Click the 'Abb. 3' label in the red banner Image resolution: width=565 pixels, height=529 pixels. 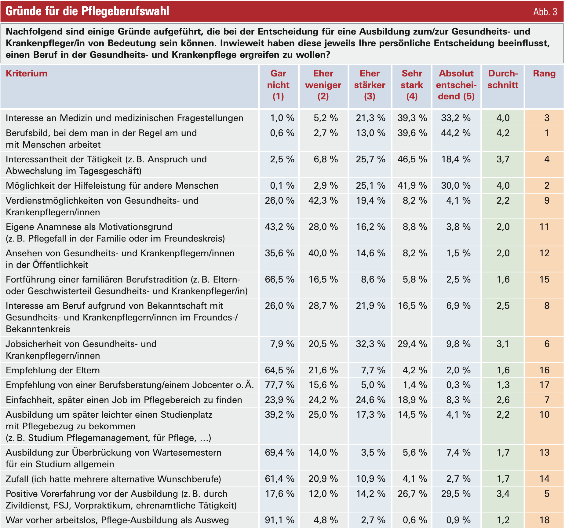(545, 12)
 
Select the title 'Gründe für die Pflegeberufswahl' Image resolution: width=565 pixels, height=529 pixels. (87, 11)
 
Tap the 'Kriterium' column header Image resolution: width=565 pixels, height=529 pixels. (27, 73)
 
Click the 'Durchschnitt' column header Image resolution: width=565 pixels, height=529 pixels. (503, 79)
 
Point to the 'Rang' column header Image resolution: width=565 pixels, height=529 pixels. (544, 73)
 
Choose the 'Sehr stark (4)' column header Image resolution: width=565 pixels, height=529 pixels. (412, 85)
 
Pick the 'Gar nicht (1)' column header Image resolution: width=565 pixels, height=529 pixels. (278, 85)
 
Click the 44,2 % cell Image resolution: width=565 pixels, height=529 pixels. (456, 133)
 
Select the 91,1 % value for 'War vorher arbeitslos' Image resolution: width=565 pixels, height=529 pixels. (279, 520)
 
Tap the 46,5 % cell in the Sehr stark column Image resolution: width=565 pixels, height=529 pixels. (412, 159)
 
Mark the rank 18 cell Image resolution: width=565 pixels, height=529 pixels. (544, 520)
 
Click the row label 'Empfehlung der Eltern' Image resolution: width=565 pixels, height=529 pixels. (53, 370)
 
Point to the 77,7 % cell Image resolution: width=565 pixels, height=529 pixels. (279, 385)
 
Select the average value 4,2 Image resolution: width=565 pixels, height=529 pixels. (503, 133)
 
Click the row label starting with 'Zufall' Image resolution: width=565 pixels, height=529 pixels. (113, 479)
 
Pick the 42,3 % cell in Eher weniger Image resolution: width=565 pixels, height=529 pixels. (323, 201)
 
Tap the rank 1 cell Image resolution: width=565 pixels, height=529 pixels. (547, 133)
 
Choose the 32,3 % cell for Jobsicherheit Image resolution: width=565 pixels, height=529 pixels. (370, 344)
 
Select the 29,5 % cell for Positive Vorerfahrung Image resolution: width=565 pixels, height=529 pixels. (456, 494)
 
